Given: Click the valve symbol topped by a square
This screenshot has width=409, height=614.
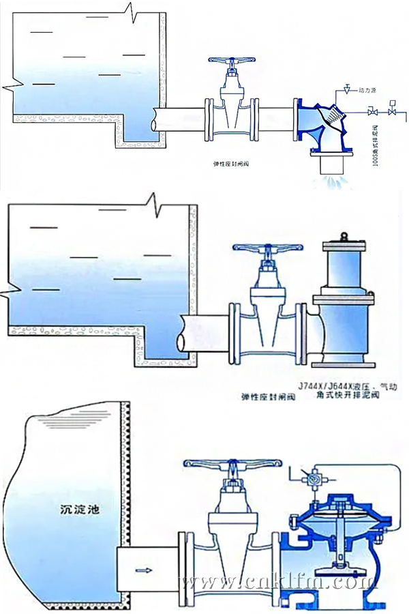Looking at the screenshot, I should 393,108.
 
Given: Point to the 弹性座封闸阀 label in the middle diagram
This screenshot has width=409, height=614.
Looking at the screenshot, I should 267,396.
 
